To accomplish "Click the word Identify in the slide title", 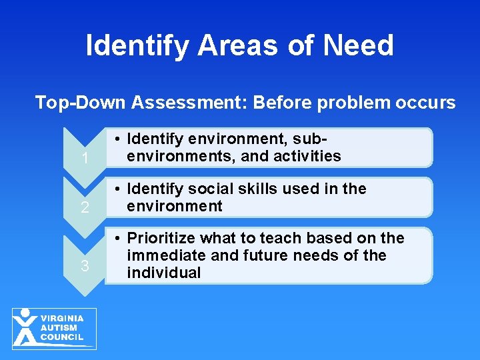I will [135, 46].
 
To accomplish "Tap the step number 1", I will [84, 159].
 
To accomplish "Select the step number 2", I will [84, 208].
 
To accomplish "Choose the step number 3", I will [84, 267].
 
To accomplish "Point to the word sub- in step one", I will [313, 139].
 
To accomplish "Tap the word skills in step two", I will [263, 189].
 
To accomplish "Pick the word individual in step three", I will [164, 273].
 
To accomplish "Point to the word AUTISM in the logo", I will [59, 328].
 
